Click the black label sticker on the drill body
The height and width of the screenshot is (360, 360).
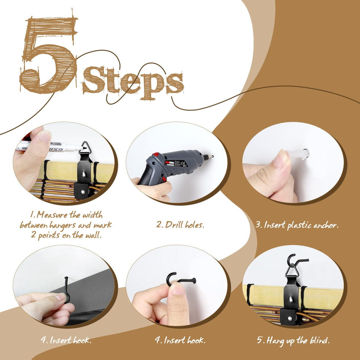pos(175,162)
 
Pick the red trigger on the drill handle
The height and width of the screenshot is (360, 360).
pos(164,179)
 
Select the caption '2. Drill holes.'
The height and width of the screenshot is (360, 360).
pos(180,225)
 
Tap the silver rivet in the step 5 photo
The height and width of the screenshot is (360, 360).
pos(290,318)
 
